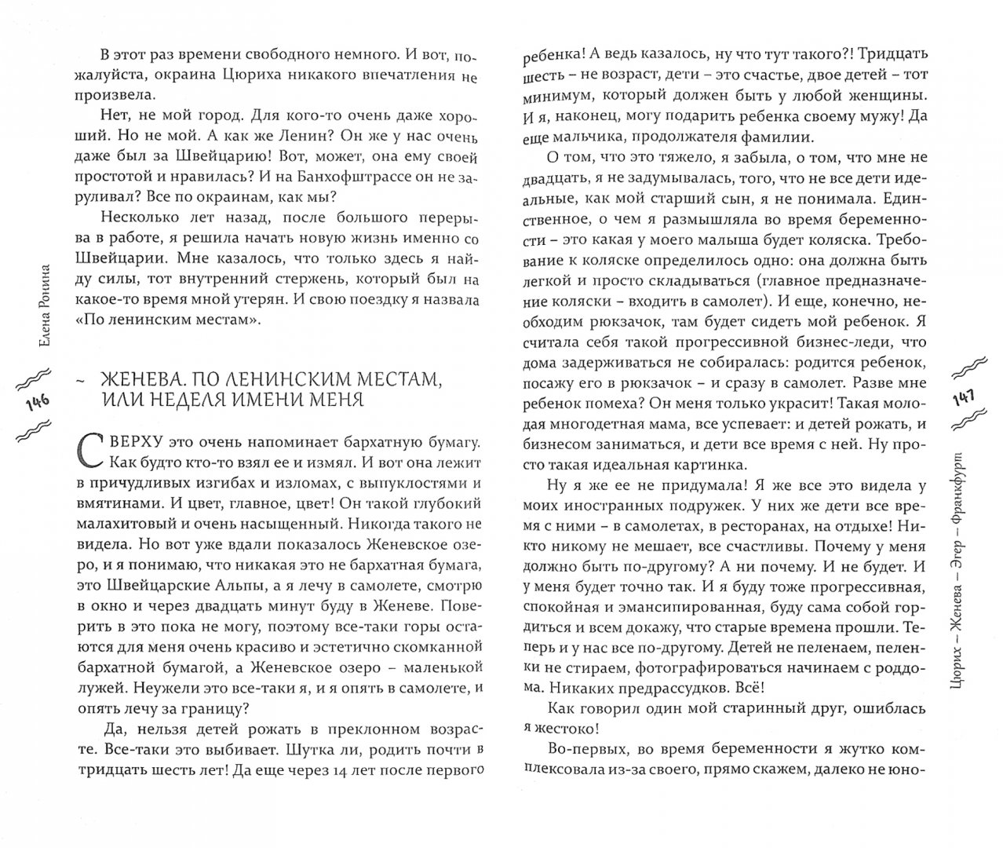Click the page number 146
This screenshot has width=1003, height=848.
37,401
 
